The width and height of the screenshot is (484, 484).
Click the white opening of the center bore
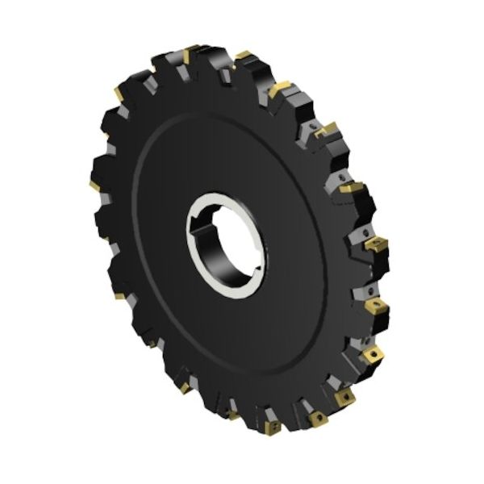[x=234, y=242]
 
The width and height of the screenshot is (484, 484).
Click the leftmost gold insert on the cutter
[x=94, y=186]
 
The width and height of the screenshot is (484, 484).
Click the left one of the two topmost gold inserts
[x=190, y=54]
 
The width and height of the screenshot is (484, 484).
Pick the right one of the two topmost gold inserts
[x=242, y=56]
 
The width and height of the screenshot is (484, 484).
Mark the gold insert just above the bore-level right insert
[x=352, y=187]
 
